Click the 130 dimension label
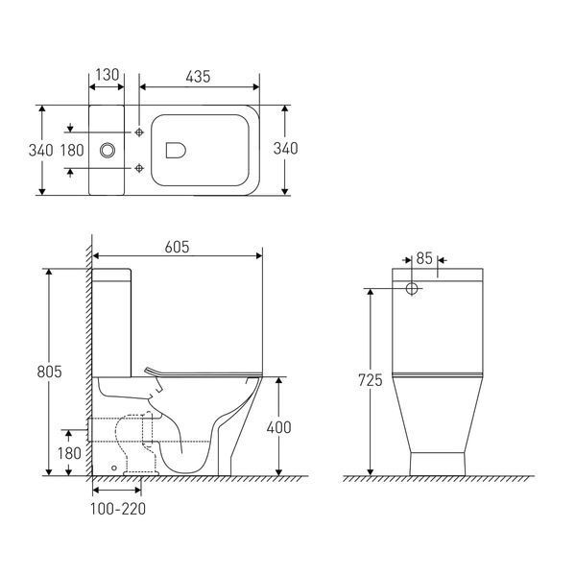108,75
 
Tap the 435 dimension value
198,77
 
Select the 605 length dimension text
177,247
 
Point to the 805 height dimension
49,372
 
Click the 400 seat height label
278,427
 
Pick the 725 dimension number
371,380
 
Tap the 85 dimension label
424,258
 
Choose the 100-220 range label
118,509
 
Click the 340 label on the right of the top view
285,149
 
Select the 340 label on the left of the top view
40,151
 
